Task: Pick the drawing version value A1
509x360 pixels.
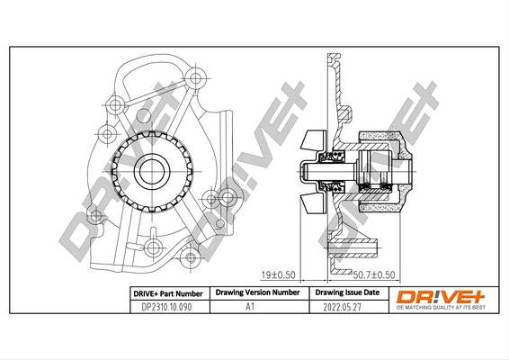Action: pyautogui.click(x=254, y=307)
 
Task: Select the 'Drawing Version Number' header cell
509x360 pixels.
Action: pyautogui.click(x=254, y=293)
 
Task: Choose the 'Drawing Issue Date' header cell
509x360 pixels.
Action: pyautogui.click(x=345, y=293)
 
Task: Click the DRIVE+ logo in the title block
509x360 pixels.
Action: pyautogui.click(x=439, y=294)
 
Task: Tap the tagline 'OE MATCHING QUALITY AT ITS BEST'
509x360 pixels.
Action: pyautogui.click(x=439, y=308)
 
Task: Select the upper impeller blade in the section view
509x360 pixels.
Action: pyautogui.click(x=314, y=139)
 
